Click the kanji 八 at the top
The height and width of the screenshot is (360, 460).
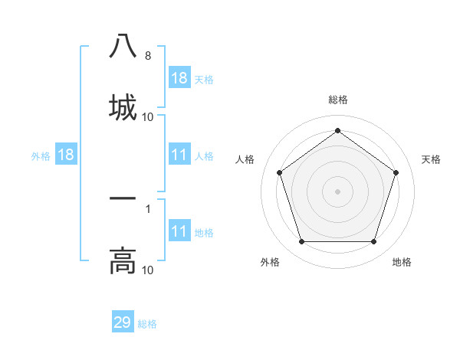coord(123,46)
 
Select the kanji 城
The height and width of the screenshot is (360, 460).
coord(123,106)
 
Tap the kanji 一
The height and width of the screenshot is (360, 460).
coord(123,199)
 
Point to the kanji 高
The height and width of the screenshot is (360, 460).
coord(123,260)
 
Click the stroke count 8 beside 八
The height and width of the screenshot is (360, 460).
coord(147,56)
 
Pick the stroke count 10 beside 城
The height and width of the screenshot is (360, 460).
coord(147,117)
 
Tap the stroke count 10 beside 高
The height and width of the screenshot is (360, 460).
coord(147,270)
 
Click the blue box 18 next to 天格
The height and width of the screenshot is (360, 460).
coord(179,78)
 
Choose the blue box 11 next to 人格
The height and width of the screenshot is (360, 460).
coord(179,155)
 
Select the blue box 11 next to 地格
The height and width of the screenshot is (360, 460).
coord(179,232)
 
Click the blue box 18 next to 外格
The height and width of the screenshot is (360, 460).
coord(66,155)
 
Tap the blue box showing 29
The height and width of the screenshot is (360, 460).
coord(123,322)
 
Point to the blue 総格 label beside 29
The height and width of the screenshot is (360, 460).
coord(148,324)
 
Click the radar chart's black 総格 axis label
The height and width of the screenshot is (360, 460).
coord(337,100)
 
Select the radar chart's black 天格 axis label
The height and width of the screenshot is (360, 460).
coord(432,159)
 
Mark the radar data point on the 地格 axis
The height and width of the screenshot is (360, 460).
coord(373,242)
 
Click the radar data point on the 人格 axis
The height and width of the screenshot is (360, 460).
coord(279,172)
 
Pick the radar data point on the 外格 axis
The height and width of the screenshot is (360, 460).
coord(301,242)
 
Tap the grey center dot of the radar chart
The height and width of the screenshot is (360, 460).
coord(337,191)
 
